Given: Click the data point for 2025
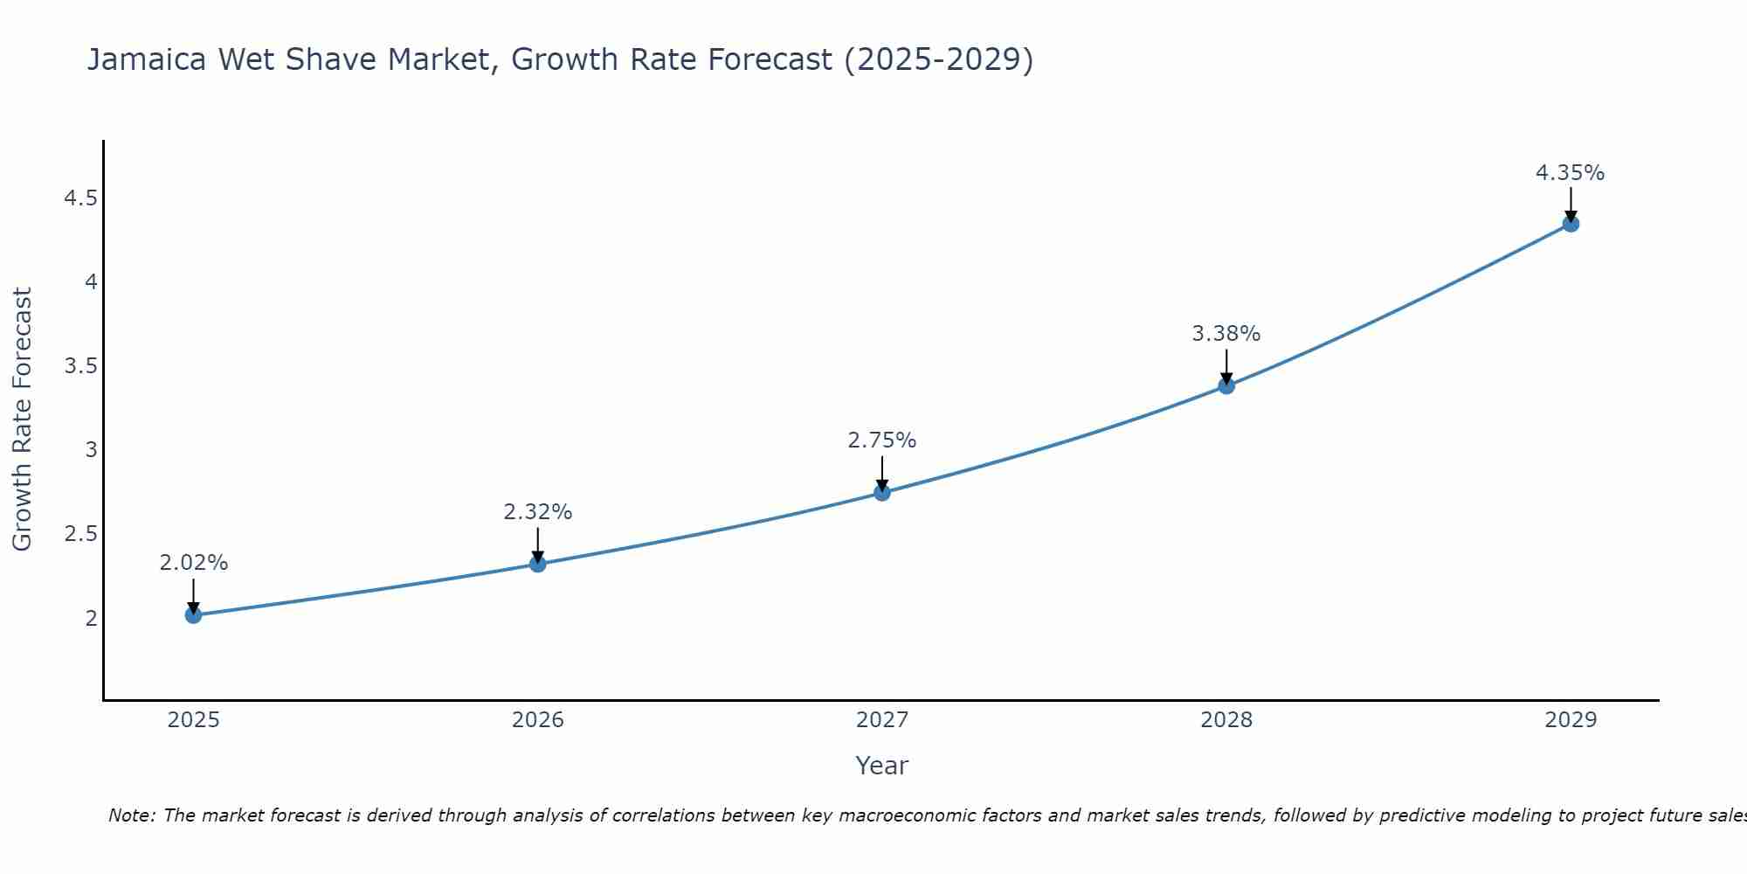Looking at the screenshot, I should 193,615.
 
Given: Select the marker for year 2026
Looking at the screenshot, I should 537,564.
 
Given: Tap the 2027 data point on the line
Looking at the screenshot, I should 881,492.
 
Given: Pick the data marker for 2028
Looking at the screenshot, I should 1226,385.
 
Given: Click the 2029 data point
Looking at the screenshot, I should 1570,224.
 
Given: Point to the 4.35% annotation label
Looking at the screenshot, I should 1570,173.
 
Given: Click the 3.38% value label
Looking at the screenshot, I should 1226,334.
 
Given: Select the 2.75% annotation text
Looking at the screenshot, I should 881,440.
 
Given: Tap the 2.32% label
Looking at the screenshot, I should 537,512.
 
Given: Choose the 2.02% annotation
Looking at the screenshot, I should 193,563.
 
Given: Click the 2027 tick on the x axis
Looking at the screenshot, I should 881,720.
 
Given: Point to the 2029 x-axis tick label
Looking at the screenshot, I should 1570,720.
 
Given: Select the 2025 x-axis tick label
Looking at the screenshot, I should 193,720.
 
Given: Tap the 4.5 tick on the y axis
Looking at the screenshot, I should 80,198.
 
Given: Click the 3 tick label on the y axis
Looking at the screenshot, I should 91,450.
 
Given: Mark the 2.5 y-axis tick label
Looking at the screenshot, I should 80,534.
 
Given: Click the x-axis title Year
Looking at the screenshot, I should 881,766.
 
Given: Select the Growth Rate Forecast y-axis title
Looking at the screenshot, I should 22,419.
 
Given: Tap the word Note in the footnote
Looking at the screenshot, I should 131,815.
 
